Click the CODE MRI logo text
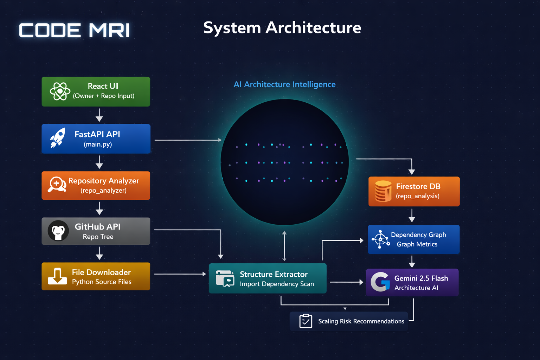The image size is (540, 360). point(74,30)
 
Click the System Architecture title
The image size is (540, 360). point(282,28)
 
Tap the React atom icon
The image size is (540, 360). point(60,91)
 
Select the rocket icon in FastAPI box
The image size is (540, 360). point(57,138)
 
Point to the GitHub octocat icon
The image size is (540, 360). point(58,231)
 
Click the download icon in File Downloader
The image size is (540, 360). point(57,276)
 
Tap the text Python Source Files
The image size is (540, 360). point(102,282)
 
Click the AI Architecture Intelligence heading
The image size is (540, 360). point(284,84)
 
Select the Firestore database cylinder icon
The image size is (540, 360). point(383,191)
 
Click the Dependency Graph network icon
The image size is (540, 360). point(380,239)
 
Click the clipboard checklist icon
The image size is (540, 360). point(306,321)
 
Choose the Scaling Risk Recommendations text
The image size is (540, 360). point(361,321)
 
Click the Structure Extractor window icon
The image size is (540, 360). point(225,278)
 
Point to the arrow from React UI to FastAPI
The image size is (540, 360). point(99,115)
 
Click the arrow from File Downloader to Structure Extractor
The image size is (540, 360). point(180,274)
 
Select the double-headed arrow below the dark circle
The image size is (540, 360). point(284,246)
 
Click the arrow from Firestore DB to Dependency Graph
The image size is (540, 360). point(412,215)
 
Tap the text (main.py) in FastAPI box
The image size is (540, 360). point(98,144)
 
